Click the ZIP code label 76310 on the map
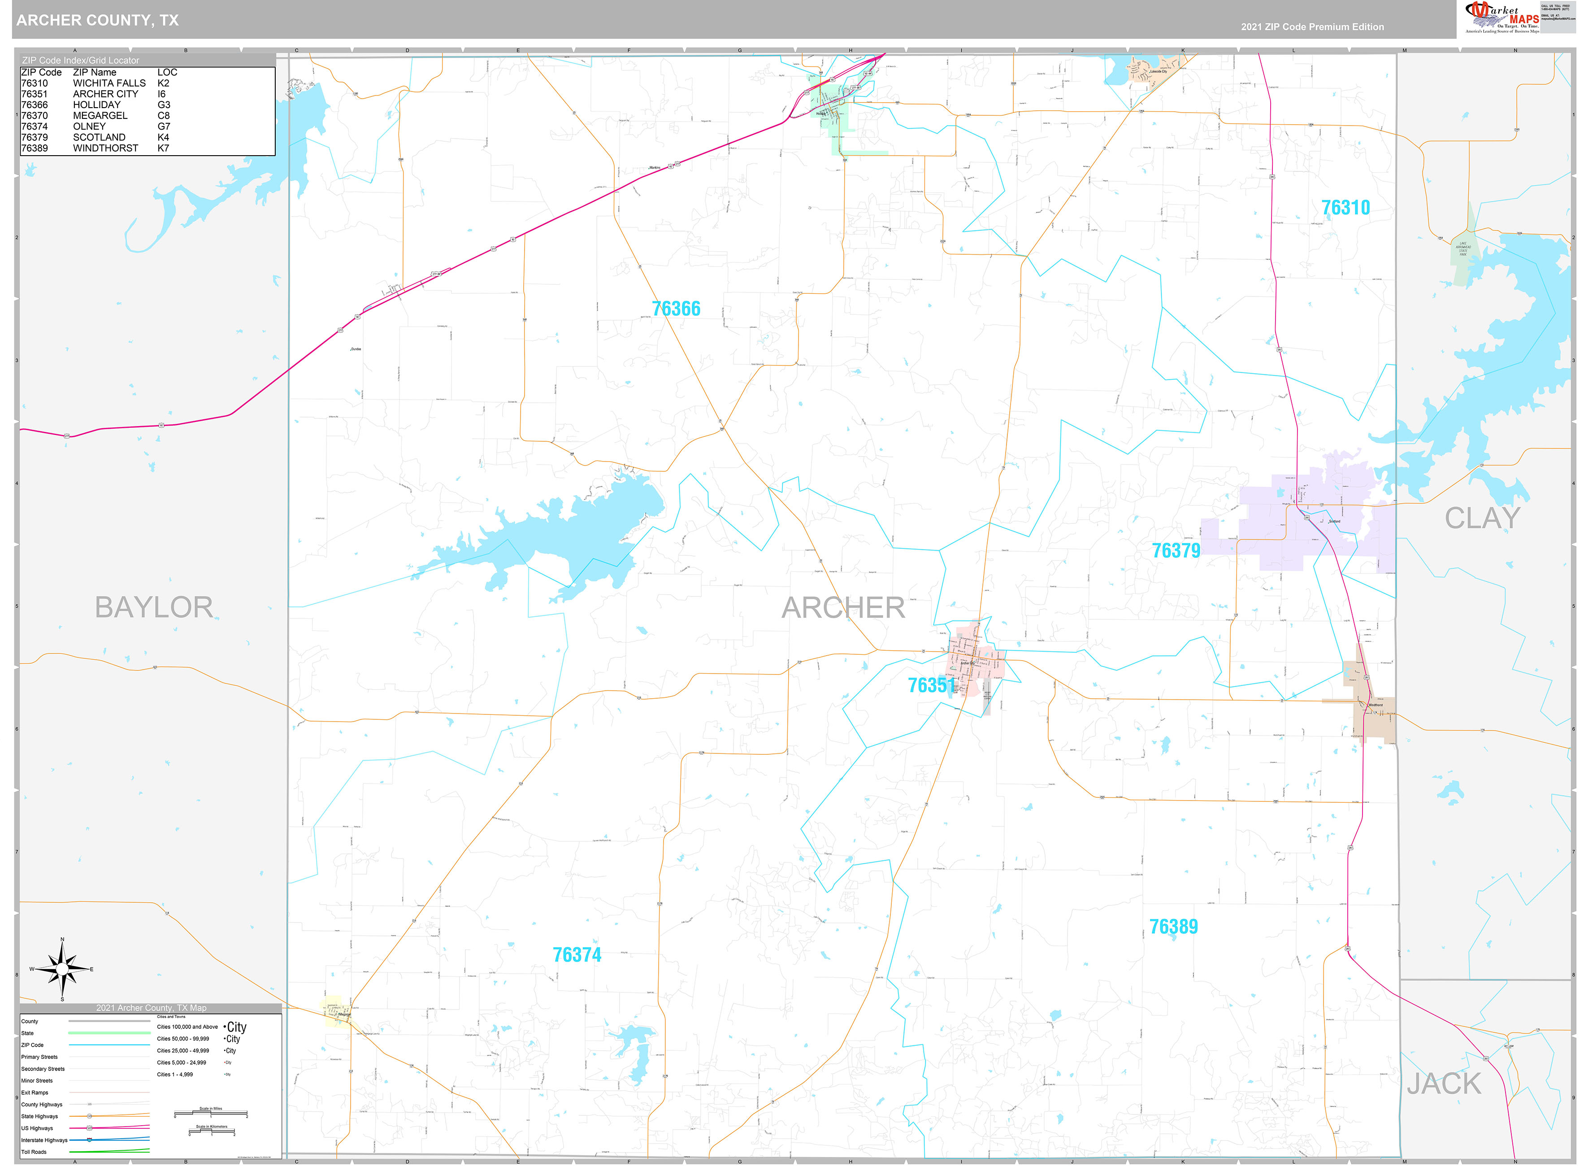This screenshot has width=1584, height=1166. coord(1345,208)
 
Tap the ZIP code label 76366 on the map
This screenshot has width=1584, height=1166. coord(676,309)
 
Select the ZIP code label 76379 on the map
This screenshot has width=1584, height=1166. coord(1176,551)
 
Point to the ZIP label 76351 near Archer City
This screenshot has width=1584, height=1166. coord(931,685)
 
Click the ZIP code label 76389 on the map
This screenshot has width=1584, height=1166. coord(1173,927)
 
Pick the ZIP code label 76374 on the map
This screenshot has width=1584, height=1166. coord(577,955)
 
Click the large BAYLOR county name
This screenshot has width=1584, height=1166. coord(154,608)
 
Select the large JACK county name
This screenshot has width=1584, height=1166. coord(1444,1084)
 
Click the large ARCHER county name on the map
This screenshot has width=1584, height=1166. coord(843,608)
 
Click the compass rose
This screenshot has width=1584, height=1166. coord(62,969)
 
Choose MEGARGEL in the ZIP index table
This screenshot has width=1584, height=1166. coord(100,116)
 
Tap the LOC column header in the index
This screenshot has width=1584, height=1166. coord(167,72)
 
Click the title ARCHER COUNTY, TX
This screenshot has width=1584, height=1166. coord(97,21)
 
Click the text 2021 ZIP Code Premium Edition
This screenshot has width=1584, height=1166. coord(1312,27)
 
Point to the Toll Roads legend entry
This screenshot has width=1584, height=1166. coord(34,1152)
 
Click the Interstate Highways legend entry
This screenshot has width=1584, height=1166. coord(44,1140)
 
